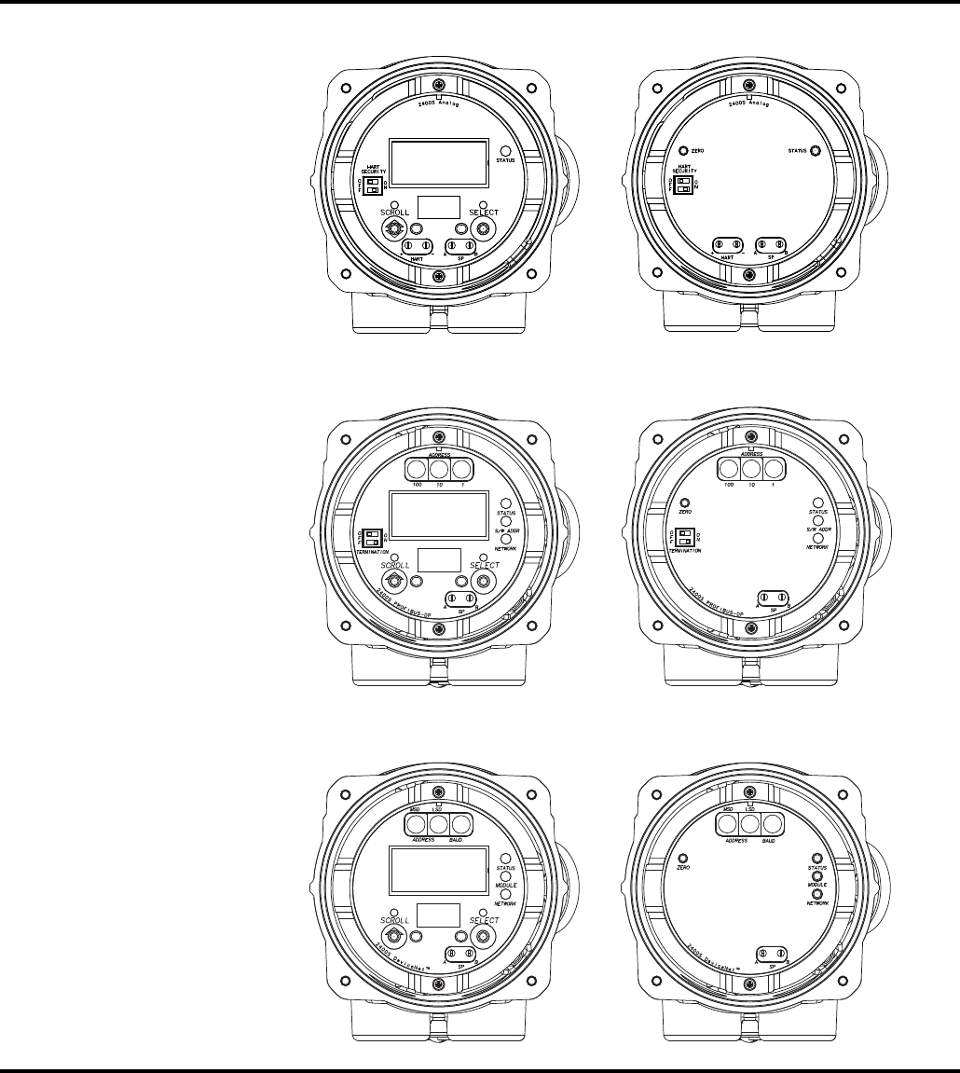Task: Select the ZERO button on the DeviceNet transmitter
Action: click(683, 857)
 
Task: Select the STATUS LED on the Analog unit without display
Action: click(816, 151)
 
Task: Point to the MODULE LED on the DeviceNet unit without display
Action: click(816, 875)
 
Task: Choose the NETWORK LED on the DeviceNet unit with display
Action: click(506, 893)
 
